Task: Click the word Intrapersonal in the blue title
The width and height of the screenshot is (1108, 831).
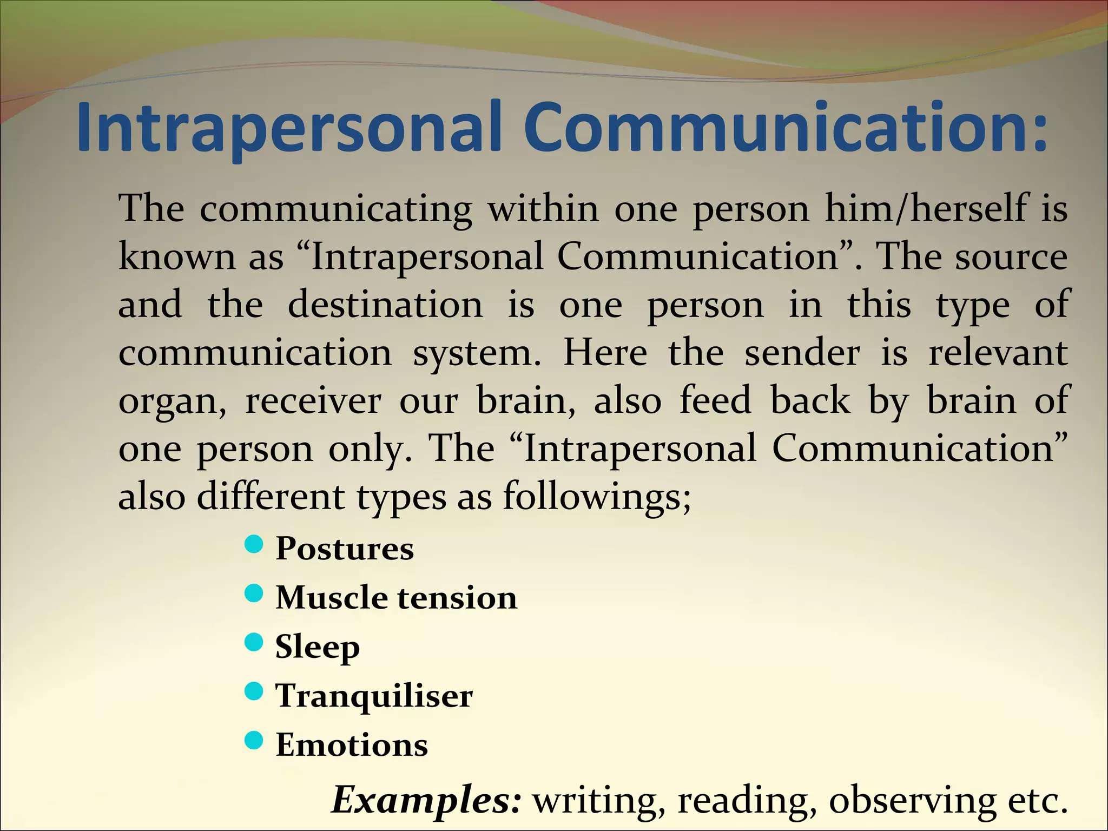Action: [x=292, y=127]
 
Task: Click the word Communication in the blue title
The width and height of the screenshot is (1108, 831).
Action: [x=784, y=127]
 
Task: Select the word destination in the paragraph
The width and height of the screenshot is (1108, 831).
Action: [x=385, y=305]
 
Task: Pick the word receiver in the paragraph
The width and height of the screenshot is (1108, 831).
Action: [x=313, y=401]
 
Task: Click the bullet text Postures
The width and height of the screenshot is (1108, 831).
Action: [x=345, y=549]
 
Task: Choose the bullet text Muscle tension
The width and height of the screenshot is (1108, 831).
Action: [x=396, y=598]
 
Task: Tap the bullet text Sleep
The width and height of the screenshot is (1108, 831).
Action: [x=318, y=647]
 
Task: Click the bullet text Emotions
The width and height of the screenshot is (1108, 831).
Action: [x=352, y=745]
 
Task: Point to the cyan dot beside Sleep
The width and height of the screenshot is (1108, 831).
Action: [x=254, y=643]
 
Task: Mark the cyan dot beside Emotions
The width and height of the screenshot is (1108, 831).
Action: [x=254, y=740]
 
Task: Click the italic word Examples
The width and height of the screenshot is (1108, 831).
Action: [x=426, y=800]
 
